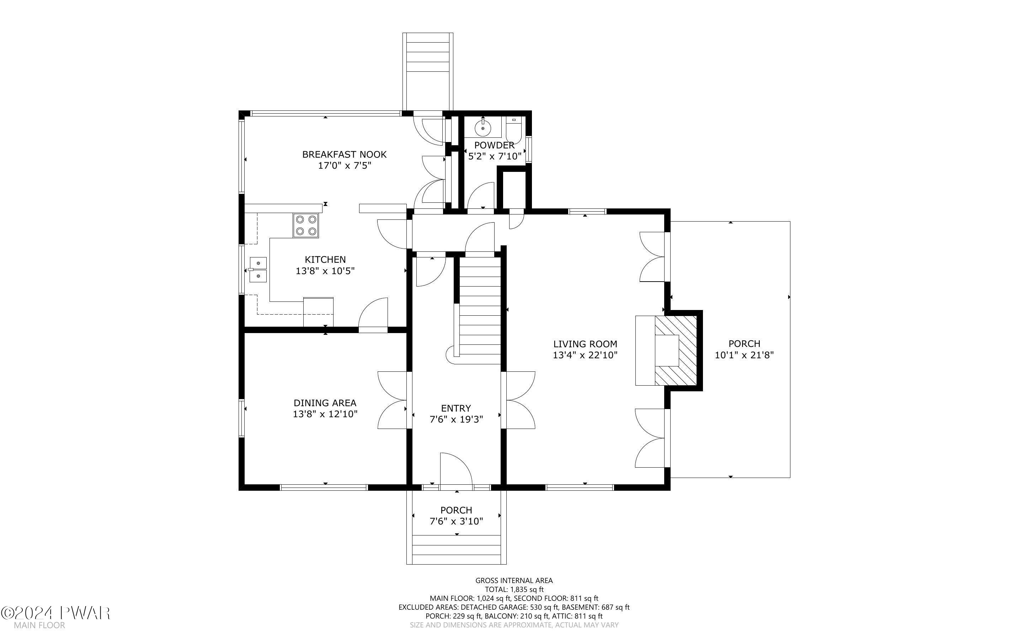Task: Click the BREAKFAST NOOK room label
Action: tap(344, 154)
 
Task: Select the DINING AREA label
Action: tap(325, 403)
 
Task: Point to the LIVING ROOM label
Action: tap(585, 344)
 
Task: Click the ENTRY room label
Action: tap(456, 408)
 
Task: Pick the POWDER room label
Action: tap(494, 145)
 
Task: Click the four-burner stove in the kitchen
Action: tap(305, 225)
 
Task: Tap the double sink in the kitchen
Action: tap(258, 270)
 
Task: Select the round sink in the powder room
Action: tap(483, 126)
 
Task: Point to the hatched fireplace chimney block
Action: tap(676, 351)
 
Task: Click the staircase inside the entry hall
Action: tap(478, 308)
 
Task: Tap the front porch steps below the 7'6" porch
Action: tap(457, 549)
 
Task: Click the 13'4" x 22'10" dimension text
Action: tap(585, 355)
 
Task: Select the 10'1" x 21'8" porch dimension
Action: tap(744, 355)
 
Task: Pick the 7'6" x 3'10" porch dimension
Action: tap(456, 521)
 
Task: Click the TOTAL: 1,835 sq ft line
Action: tap(514, 589)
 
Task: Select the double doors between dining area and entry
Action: tap(392, 401)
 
